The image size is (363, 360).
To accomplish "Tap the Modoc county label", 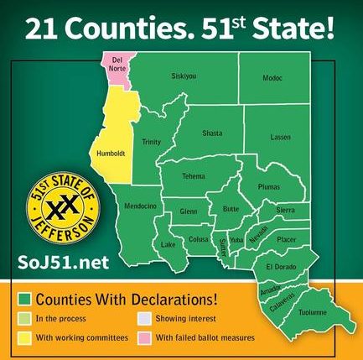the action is tap(272, 78).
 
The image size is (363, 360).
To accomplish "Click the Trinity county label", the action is tap(151, 142).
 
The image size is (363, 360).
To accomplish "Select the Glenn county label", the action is tap(188, 211).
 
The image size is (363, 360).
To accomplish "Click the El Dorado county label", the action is tap(279, 267).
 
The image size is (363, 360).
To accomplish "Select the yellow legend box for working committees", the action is tap(27, 338).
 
